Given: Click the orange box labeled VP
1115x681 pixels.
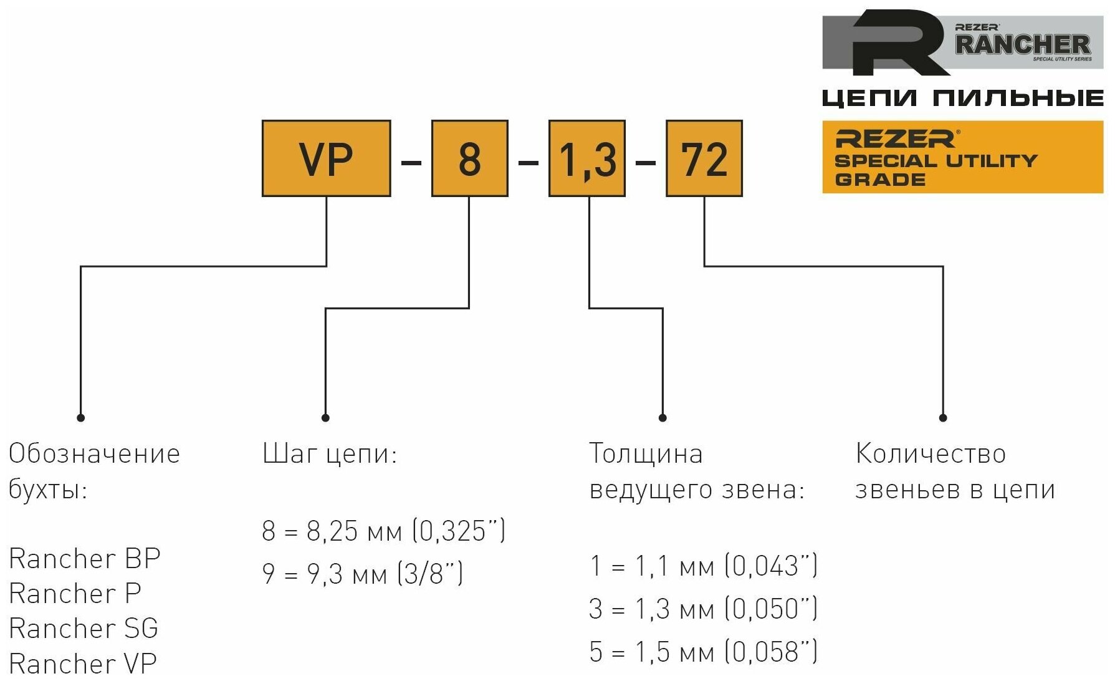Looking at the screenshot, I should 326,158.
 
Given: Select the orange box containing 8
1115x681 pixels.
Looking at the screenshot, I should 469,158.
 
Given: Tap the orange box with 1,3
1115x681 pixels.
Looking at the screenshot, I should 586,158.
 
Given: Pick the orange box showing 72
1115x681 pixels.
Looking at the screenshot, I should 704,158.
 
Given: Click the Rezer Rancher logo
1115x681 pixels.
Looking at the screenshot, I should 962,42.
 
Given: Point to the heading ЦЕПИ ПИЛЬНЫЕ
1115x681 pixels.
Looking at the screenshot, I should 962,98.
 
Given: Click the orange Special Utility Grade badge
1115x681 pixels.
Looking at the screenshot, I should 962,157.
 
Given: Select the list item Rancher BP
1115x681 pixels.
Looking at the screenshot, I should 85,558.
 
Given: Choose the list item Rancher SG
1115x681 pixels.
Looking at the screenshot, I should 84,628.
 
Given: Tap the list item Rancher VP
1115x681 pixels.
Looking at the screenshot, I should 83,662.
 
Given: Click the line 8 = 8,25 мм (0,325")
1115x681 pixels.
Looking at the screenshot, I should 383,531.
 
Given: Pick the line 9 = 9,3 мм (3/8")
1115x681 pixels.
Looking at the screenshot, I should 362,573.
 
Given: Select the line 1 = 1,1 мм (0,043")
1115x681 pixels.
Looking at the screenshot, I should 703,566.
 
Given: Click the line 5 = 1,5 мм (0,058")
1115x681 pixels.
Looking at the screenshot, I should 703,652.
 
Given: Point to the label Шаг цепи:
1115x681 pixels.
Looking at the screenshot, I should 330,454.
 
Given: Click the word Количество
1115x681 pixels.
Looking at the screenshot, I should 931,454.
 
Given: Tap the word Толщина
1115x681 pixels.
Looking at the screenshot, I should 646,454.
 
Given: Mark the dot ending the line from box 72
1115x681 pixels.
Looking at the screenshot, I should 943,418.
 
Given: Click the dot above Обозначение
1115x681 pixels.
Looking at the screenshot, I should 80,418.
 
